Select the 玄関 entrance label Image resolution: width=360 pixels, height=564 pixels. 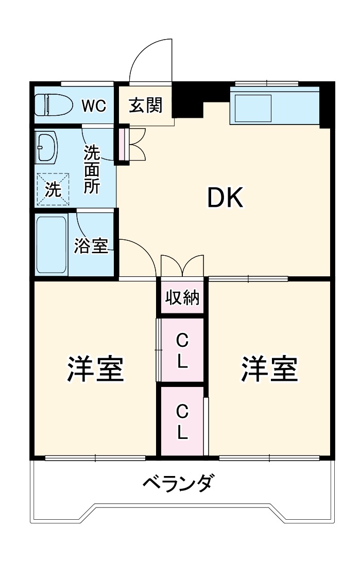tap(145, 105)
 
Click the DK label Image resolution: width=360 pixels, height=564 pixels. tap(225, 197)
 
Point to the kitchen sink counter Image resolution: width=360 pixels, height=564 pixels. tap(275, 107)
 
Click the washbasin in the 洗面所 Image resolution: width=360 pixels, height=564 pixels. tap(46, 146)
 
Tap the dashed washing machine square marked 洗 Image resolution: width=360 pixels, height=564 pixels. tap(53, 189)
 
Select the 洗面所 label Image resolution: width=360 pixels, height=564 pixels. tap(92, 170)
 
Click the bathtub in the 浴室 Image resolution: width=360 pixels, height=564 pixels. tap(51, 244)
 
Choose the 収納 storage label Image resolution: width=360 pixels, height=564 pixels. tap(182, 297)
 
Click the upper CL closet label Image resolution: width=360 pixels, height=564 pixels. tap(182, 351)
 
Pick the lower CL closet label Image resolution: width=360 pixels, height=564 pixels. tap(182, 421)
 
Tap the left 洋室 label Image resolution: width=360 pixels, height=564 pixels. tap(95, 369)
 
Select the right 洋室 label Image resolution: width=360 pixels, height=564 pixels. tap(270, 369)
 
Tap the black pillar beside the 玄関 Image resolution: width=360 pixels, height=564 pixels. tap(189, 100)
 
